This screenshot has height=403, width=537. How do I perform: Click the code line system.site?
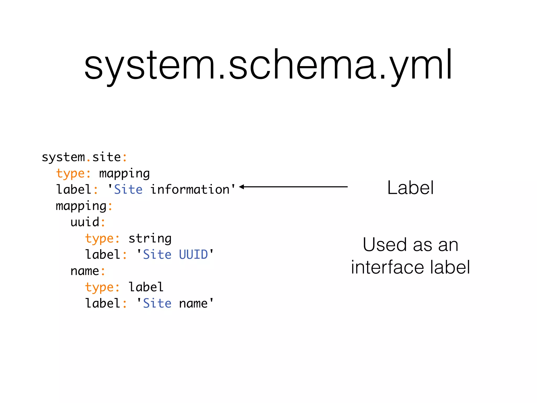(84, 157)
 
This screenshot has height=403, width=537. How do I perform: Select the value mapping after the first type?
(124, 174)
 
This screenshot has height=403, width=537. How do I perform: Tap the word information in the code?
(190, 189)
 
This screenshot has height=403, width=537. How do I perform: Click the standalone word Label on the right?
(410, 188)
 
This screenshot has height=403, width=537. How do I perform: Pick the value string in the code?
(150, 238)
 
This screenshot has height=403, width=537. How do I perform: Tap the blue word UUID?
(193, 255)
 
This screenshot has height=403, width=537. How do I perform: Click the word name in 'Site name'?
(193, 304)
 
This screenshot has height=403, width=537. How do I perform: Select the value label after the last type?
(146, 287)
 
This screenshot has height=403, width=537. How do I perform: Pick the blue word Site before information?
(128, 189)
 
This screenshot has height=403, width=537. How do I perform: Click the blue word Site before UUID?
(157, 255)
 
